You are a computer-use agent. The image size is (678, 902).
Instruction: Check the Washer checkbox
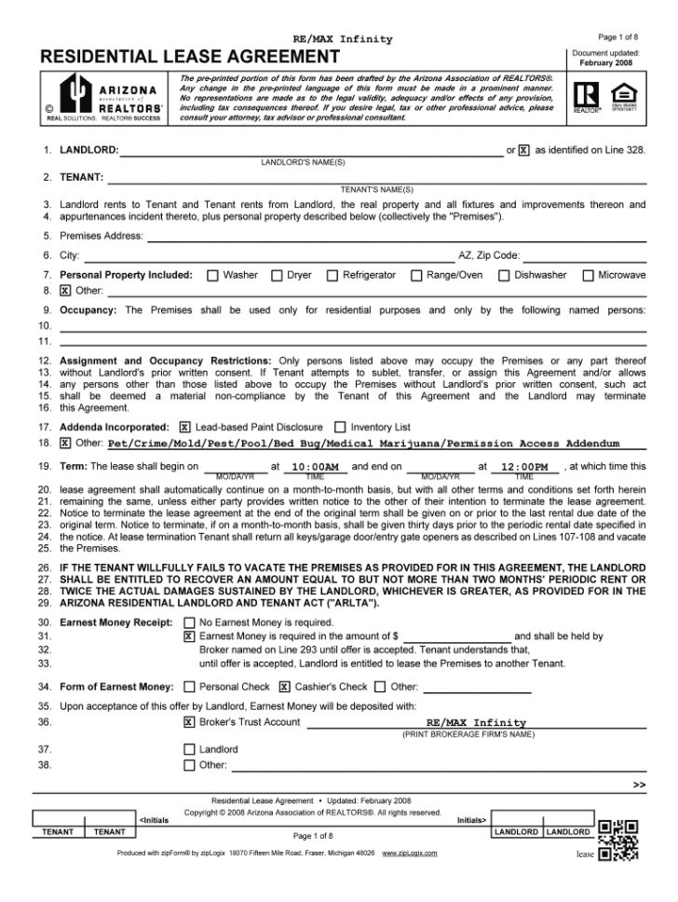point(212,275)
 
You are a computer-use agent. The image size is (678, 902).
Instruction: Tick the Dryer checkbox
point(277,275)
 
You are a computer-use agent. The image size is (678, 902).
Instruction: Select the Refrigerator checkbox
point(332,275)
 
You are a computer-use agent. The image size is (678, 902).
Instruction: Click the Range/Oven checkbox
point(416,275)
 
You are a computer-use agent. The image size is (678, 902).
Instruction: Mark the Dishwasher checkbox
point(504,275)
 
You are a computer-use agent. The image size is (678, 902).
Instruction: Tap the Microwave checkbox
point(588,275)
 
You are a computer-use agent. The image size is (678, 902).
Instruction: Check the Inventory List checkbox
point(340,426)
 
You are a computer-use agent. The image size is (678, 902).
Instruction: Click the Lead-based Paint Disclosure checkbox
point(184,426)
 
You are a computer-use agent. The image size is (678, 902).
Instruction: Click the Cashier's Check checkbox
point(285,688)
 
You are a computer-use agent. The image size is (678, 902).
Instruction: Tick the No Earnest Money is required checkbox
point(190,622)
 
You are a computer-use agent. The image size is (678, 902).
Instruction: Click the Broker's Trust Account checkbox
point(190,722)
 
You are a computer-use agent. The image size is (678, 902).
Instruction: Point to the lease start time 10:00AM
point(315,467)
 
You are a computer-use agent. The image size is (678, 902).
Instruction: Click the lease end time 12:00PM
point(524,467)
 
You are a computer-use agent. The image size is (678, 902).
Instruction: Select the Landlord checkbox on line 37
point(190,749)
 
